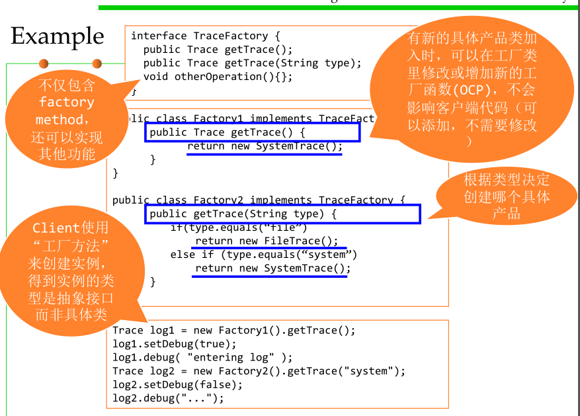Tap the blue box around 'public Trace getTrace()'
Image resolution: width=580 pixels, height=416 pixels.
(252, 132)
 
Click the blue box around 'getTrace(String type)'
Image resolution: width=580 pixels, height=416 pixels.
(282, 214)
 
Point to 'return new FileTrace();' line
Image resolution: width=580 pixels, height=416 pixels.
(267, 241)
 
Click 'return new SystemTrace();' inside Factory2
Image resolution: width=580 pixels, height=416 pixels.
(273, 269)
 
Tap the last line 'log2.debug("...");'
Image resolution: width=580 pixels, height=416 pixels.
(168, 398)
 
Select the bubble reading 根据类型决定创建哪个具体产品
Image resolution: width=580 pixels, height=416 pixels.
(506, 196)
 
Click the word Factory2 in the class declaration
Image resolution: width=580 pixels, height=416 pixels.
(219, 200)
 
